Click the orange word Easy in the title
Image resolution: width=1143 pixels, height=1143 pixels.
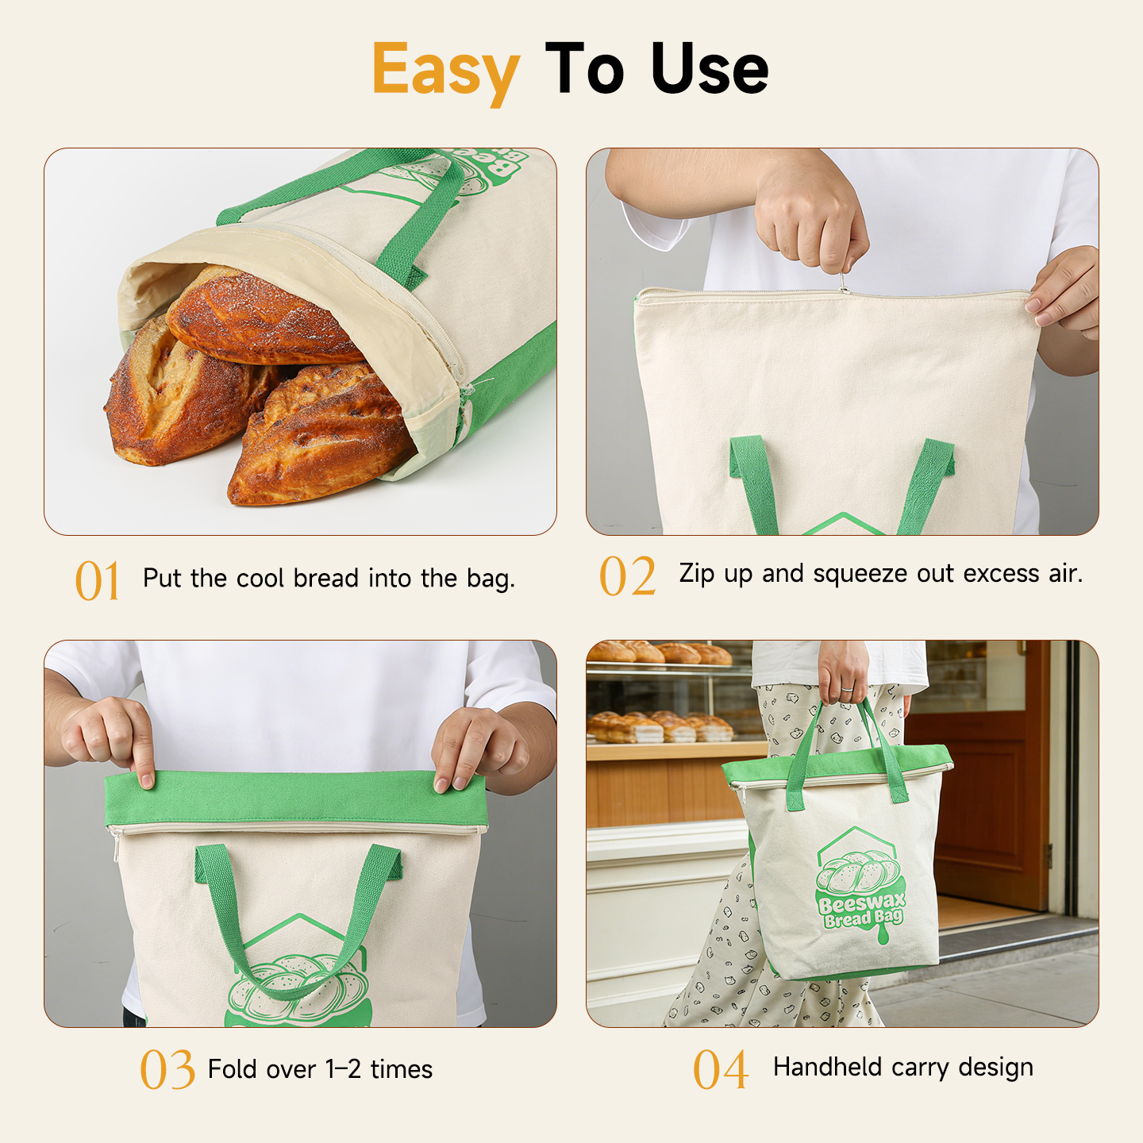pos(446,71)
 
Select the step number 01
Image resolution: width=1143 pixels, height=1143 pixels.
pos(98,579)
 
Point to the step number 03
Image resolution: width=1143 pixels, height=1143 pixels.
pos(167,1069)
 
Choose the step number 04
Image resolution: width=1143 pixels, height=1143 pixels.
pos(720,1069)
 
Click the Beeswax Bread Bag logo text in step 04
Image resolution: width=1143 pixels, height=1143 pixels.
pos(861,910)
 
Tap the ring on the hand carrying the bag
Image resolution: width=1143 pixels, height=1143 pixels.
pos(848,689)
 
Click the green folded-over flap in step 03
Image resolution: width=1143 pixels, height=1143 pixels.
pos(296,799)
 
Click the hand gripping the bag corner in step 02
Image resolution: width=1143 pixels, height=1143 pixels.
pos(1064,291)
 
